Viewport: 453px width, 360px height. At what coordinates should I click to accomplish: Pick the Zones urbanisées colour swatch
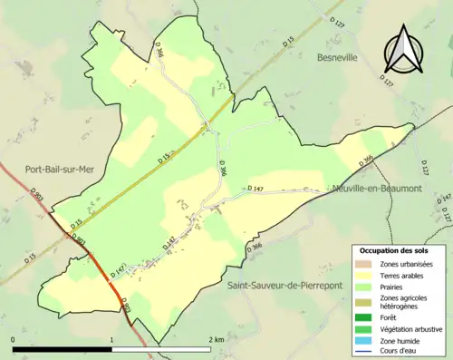[364, 264]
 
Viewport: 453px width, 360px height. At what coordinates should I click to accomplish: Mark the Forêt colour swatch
[364, 316]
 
